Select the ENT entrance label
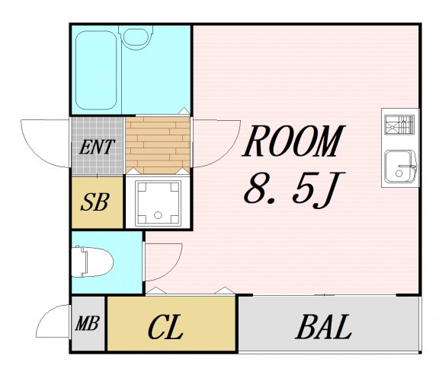click(97, 147)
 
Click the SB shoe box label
click(95, 202)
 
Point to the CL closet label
click(165, 327)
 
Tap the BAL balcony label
click(323, 327)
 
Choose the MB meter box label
click(87, 323)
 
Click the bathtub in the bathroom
click(96, 70)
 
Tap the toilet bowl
click(92, 262)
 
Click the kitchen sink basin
click(400, 167)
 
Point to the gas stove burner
click(399, 125)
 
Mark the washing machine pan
click(159, 203)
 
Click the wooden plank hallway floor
click(157, 145)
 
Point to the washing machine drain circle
click(159, 215)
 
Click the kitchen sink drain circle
click(399, 173)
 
